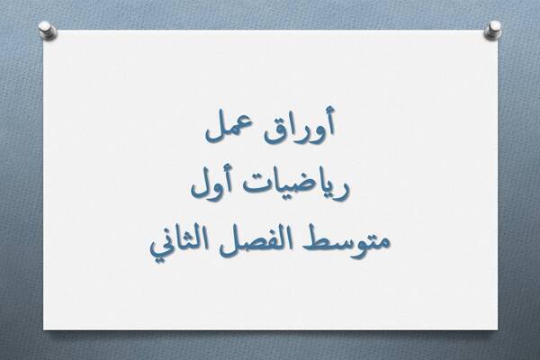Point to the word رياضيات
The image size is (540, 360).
click(298, 190)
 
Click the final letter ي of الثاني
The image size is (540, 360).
click(162, 247)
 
